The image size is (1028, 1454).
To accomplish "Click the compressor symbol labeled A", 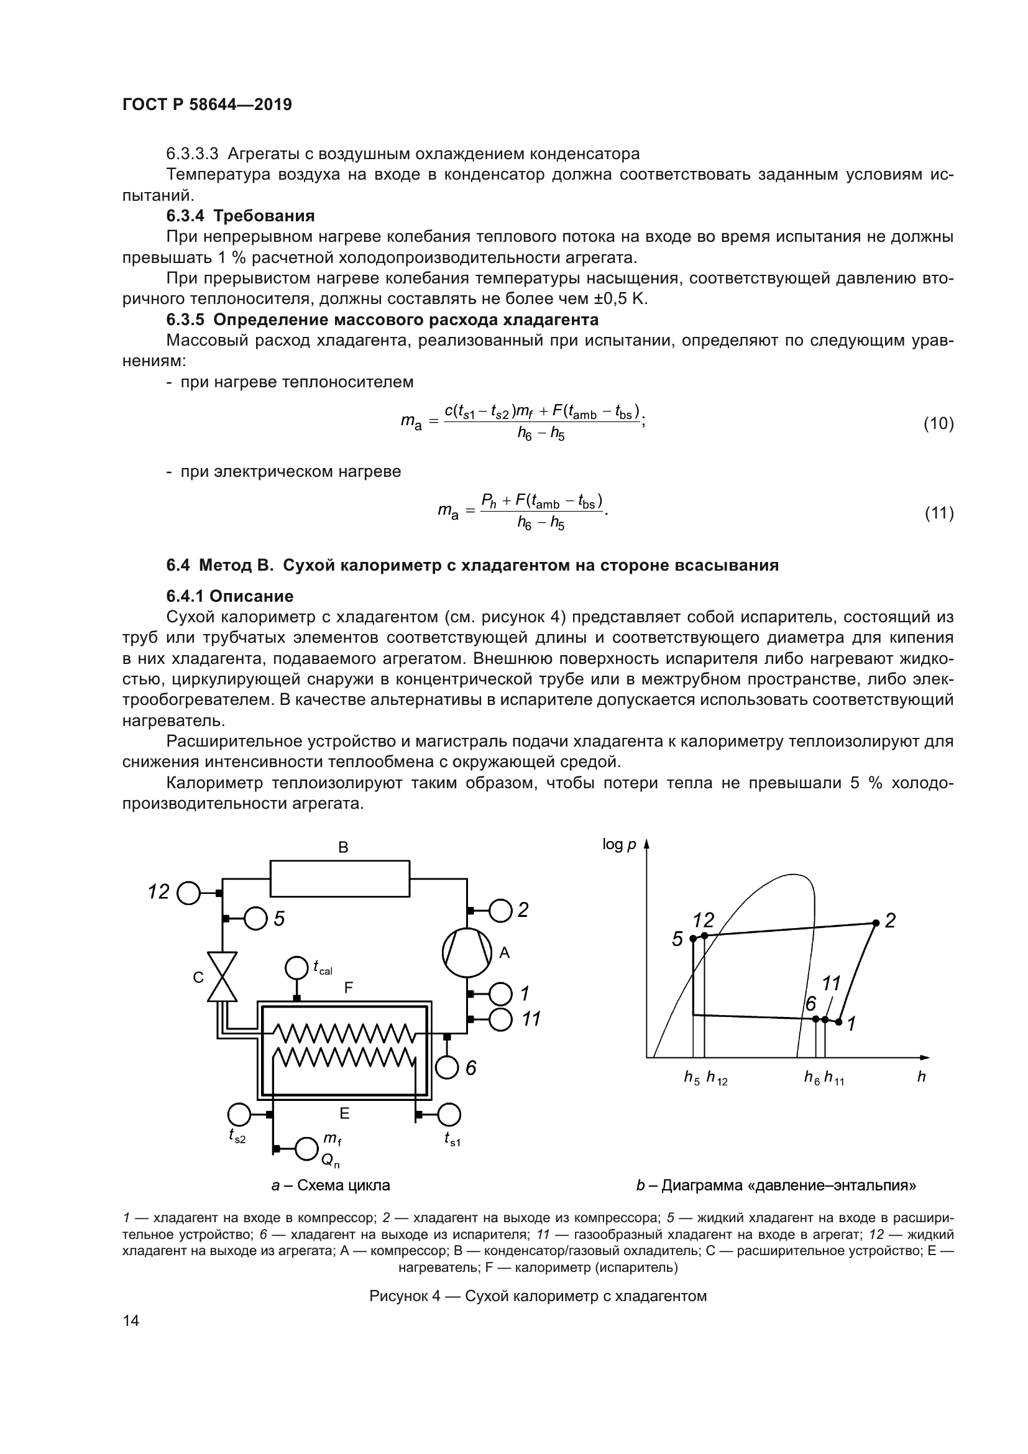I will pos(467,952).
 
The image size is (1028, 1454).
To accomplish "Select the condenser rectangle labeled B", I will pos(340,878).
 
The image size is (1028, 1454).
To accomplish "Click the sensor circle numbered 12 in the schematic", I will pos(189,893).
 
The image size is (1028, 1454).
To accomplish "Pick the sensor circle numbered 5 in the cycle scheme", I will pos(255,918).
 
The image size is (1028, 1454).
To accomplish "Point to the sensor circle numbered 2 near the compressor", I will pos(500,911).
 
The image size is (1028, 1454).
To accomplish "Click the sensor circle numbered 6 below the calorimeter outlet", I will pos(447,1068).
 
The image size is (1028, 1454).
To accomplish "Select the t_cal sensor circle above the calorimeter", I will pos(296,968).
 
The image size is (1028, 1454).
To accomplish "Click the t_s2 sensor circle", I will pos(239,1114).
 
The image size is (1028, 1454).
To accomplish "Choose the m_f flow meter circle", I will pos(307,1148).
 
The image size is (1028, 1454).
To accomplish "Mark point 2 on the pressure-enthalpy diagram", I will pos(876,923).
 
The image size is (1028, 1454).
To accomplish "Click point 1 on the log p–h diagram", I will pos(838,1021).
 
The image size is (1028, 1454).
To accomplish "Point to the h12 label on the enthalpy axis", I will pos(717,1077).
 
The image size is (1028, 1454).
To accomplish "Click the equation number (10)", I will pos(938,423).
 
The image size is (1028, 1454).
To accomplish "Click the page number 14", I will pos(131,1320).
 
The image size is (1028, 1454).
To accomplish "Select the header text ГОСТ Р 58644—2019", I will pos(207,104).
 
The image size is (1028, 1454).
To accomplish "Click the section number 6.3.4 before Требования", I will pos(185,216).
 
